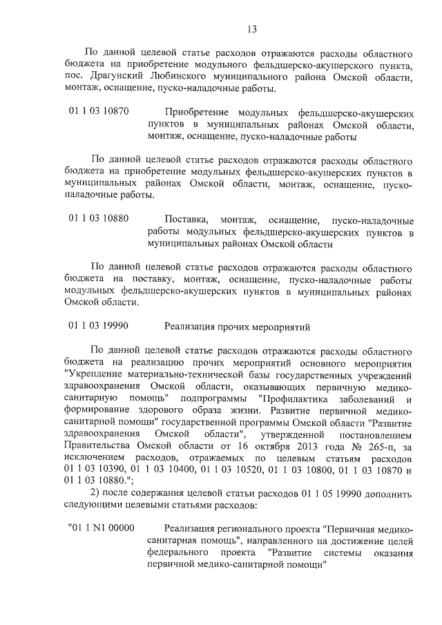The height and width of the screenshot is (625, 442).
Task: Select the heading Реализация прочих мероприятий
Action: (238, 326)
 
